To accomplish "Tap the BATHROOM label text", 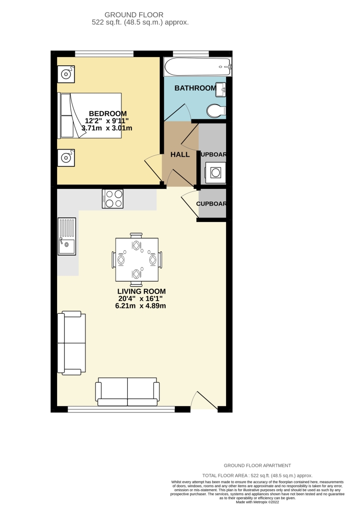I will (195, 88).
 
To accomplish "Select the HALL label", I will (180, 154).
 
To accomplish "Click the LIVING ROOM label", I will (141, 291).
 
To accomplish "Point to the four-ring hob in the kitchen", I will (113, 199).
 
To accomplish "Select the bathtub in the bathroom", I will (197, 67).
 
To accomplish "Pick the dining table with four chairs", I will (136, 259).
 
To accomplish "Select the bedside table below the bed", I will (65, 157).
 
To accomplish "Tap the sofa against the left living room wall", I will (71, 342).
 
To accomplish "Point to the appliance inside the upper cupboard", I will (214, 172).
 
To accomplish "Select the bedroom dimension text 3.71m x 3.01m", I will (107, 128).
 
